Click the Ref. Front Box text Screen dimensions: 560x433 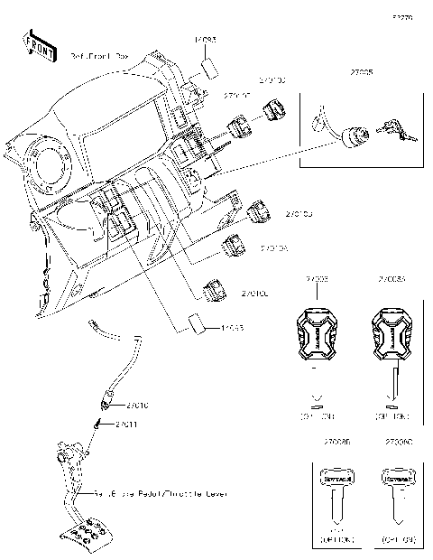point(100,56)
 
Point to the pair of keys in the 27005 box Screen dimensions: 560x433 point(395,131)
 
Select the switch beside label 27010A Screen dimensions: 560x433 point(234,244)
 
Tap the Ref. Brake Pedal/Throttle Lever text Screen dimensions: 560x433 point(162,494)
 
